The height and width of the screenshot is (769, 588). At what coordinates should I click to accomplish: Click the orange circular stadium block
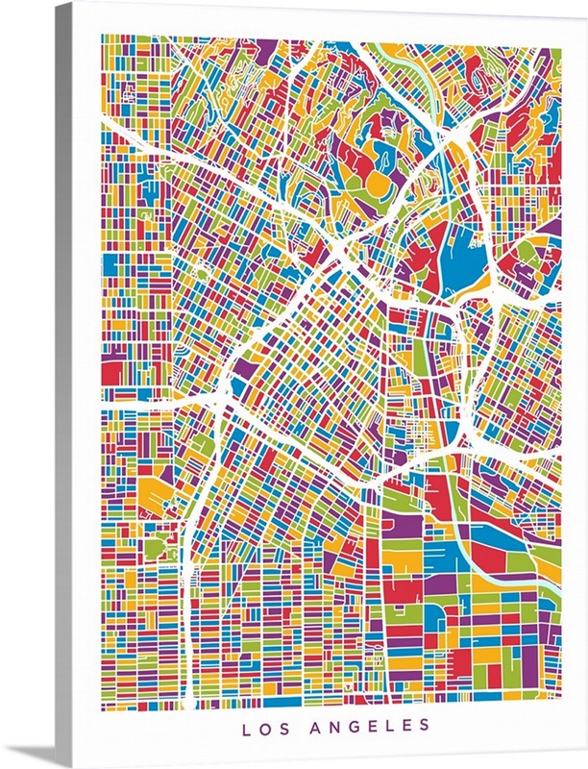[380, 180]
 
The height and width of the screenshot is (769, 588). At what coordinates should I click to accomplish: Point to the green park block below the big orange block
[154, 549]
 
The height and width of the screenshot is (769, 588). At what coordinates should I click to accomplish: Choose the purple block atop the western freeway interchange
[240, 369]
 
